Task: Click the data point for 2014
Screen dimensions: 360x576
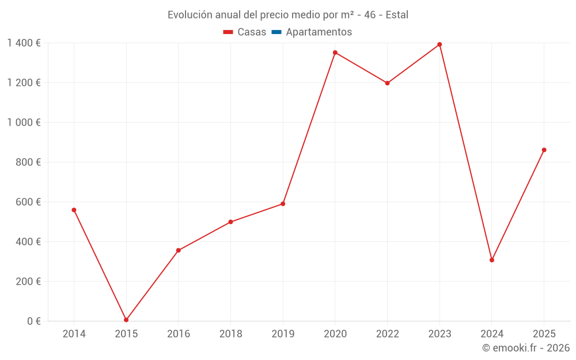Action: [x=74, y=210]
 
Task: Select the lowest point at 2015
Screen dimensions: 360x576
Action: [x=126, y=320]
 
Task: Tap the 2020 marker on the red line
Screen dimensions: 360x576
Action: [x=335, y=52]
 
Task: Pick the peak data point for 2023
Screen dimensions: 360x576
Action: [x=439, y=44]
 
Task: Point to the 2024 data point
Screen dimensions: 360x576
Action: [x=492, y=260]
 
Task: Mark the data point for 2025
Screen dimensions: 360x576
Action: [x=544, y=150]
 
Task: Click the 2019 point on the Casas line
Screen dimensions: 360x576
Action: [x=283, y=204]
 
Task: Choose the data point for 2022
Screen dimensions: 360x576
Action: [x=388, y=83]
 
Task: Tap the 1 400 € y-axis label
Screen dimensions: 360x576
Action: [x=24, y=43]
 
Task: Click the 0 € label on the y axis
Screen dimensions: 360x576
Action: [x=33, y=321]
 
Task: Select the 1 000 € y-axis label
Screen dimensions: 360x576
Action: [x=24, y=123]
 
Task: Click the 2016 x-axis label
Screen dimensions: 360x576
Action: [x=179, y=334]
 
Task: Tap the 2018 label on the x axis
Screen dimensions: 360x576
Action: [x=230, y=334]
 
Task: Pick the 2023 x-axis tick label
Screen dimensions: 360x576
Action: [x=439, y=334]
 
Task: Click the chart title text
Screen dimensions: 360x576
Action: [x=288, y=14]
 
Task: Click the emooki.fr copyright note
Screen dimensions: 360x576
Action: [x=526, y=348]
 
